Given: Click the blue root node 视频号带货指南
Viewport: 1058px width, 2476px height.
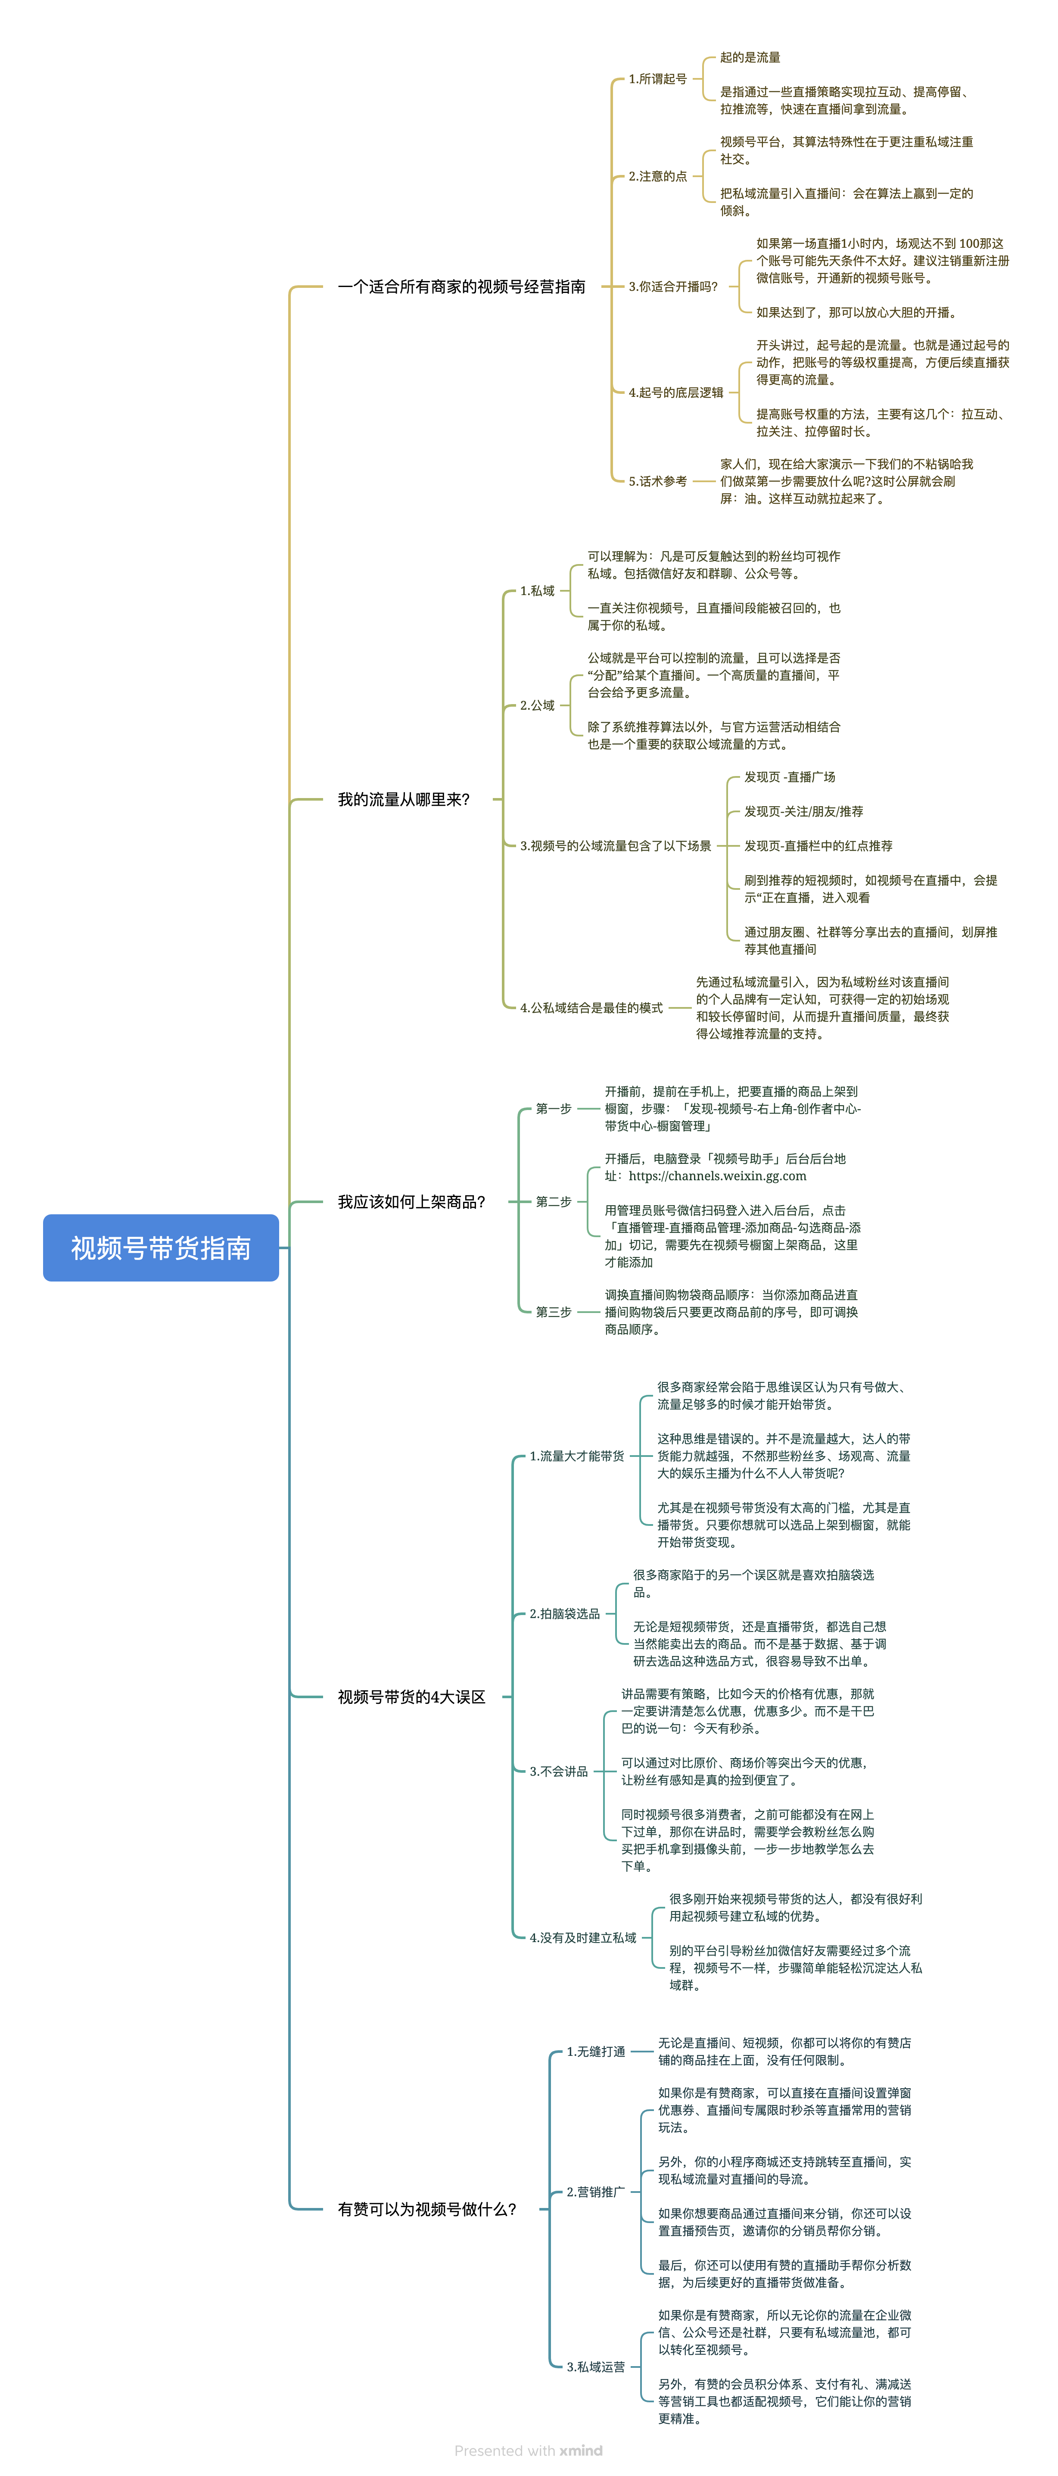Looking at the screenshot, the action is [161, 1247].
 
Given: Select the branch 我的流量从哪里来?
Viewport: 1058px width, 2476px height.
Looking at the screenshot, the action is [404, 800].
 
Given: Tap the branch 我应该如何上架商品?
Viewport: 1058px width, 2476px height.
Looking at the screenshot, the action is [411, 1201].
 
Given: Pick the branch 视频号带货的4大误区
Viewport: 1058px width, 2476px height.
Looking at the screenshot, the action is [411, 1697].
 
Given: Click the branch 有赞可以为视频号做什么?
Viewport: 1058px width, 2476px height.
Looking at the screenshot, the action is [426, 2209].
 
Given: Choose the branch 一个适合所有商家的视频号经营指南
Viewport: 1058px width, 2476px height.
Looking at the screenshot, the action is [461, 287].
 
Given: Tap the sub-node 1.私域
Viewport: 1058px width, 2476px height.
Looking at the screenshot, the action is [537, 591].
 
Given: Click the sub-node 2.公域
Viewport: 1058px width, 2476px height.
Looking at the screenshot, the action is [537, 705].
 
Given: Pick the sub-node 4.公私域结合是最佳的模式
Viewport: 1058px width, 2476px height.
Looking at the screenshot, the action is [591, 1008].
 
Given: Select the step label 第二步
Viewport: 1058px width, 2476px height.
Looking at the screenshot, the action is [554, 1201].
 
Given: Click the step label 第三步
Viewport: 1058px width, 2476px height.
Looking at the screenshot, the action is [554, 1312].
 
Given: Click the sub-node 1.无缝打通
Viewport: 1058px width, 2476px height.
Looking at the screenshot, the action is [596, 2051].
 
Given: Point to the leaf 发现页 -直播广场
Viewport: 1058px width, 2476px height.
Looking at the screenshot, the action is [790, 776].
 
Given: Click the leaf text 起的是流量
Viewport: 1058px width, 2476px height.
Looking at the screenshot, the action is [750, 58].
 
